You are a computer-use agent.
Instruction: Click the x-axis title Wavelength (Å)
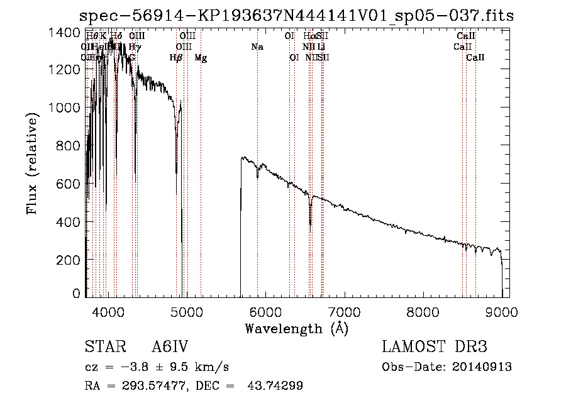(296, 328)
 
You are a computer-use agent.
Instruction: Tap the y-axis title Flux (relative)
(33, 163)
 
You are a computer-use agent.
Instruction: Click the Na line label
(257, 47)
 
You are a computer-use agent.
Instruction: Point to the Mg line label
(201, 58)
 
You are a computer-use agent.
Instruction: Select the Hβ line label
(176, 58)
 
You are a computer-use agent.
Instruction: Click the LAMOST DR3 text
(434, 347)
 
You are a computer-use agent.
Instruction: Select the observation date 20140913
(482, 367)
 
